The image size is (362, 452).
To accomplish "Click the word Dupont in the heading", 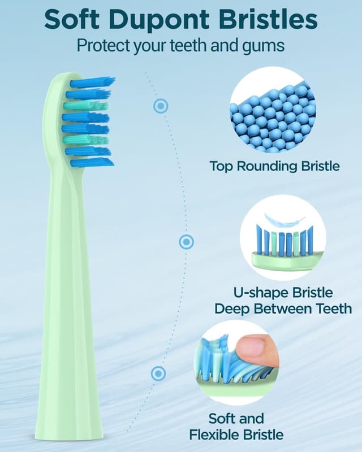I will pos(160,20).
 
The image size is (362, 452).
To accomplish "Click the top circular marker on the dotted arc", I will pos(161,105).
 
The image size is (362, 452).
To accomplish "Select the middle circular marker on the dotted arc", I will pos(186,242).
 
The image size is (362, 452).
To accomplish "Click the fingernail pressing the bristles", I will pos(256,349).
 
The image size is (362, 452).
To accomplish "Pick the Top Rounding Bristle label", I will pos(274,167).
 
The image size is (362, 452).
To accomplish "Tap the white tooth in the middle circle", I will pos(281,222).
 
